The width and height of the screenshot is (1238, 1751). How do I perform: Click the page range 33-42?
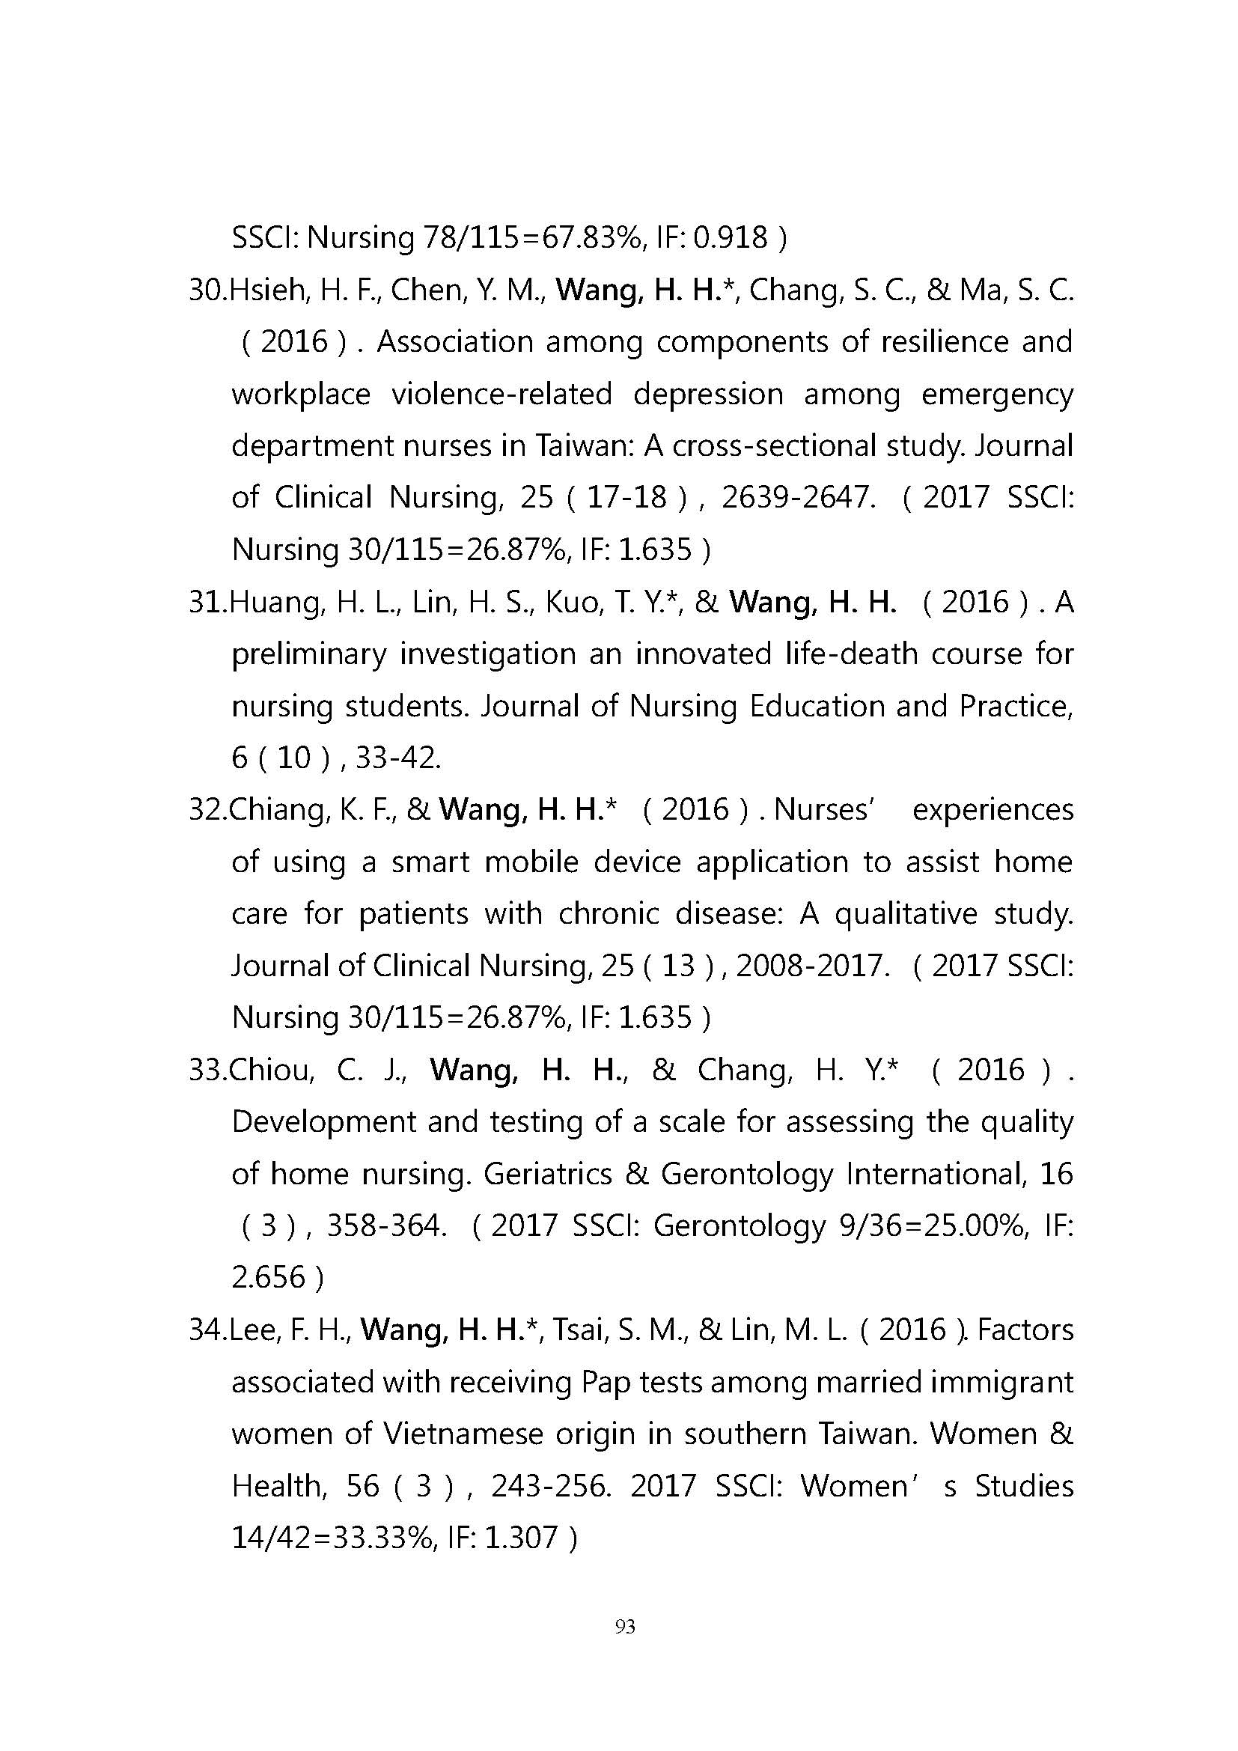(398, 758)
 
